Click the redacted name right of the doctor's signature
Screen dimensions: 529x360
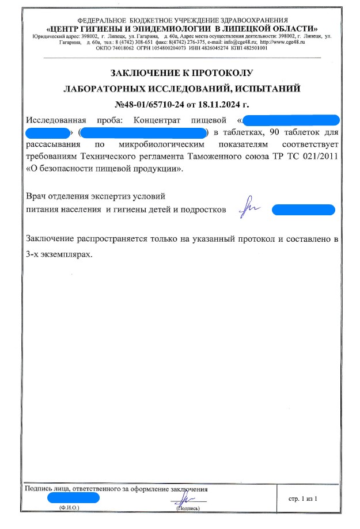pyautogui.click(x=303, y=210)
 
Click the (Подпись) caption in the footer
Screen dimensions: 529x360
pyautogui.click(x=188, y=509)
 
